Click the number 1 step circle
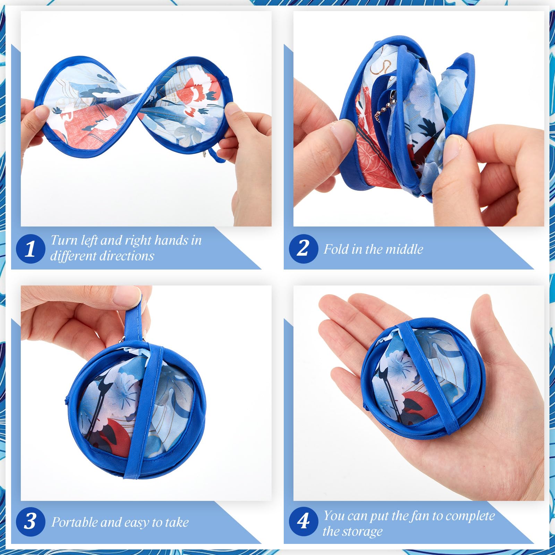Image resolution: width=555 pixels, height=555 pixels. (x=31, y=249)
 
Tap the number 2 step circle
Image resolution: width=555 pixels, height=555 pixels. (x=304, y=249)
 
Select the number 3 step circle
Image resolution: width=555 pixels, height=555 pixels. (x=31, y=521)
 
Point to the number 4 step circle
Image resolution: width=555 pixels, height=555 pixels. (x=304, y=521)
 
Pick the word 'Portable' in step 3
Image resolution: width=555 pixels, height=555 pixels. (x=74, y=522)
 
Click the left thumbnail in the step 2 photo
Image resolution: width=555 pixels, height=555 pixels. (x=341, y=131)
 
